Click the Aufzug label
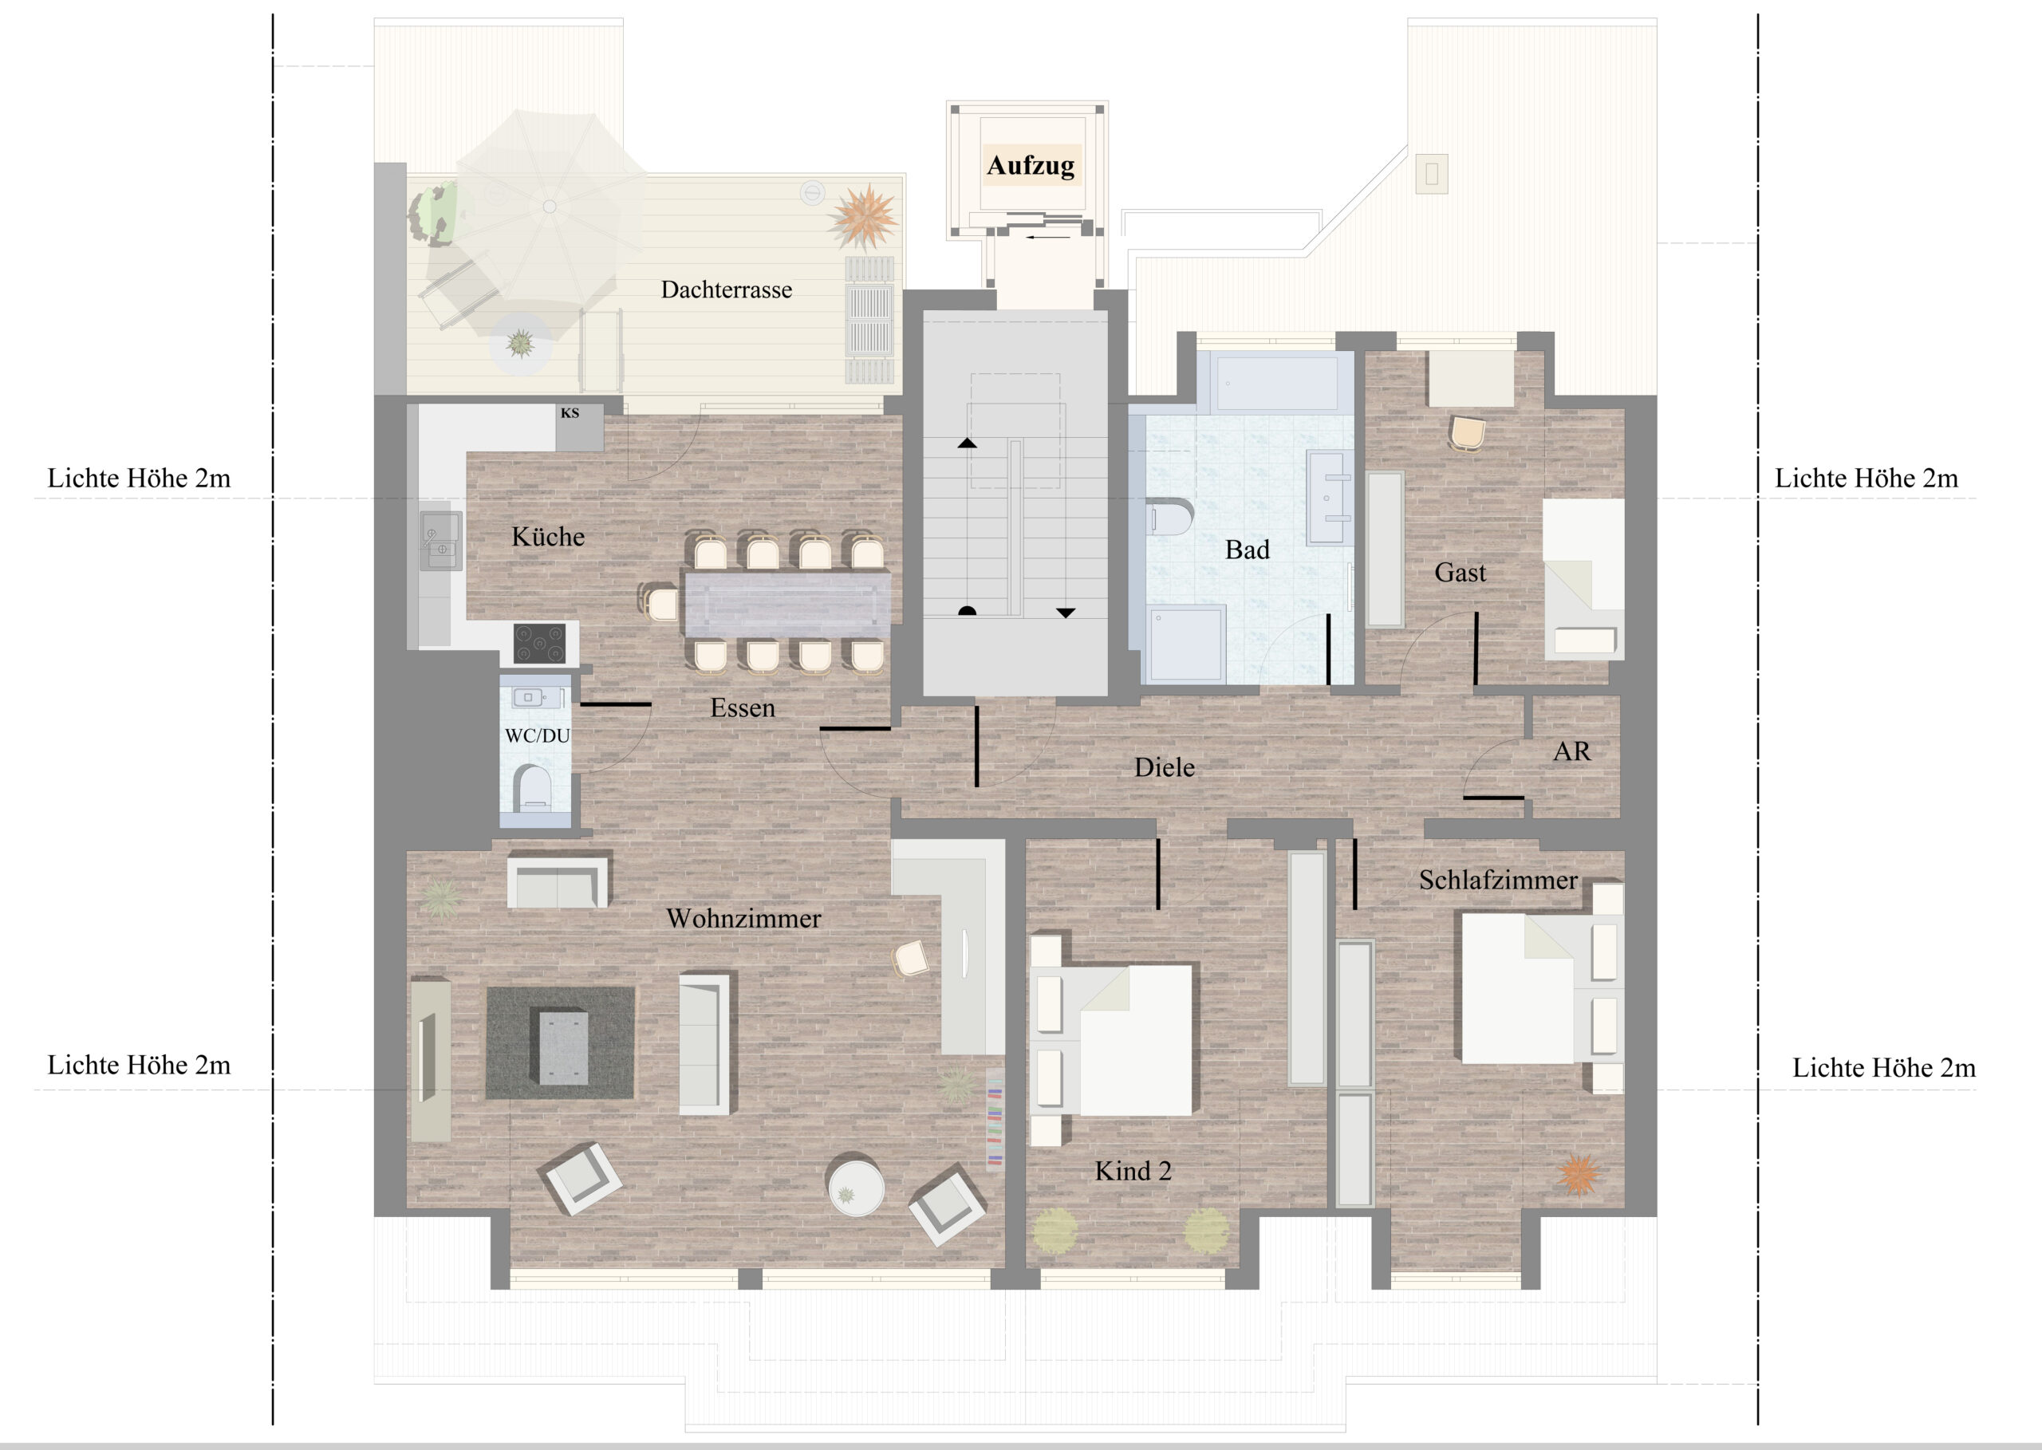click(x=1031, y=165)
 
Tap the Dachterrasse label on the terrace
click(x=726, y=290)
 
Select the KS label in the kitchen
click(x=570, y=413)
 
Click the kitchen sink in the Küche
click(x=441, y=540)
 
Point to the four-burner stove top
click(x=539, y=644)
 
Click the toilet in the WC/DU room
click(x=534, y=787)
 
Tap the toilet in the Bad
click(x=1169, y=517)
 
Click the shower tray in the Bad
click(x=1187, y=644)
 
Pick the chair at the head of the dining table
click(x=660, y=602)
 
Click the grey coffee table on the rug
click(x=559, y=1046)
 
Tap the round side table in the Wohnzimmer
click(x=855, y=1186)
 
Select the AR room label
click(x=1571, y=752)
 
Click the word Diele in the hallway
click(x=1165, y=767)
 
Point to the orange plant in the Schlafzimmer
click(x=1578, y=1175)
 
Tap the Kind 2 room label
click(x=1133, y=1171)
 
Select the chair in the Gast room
click(x=1468, y=434)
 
